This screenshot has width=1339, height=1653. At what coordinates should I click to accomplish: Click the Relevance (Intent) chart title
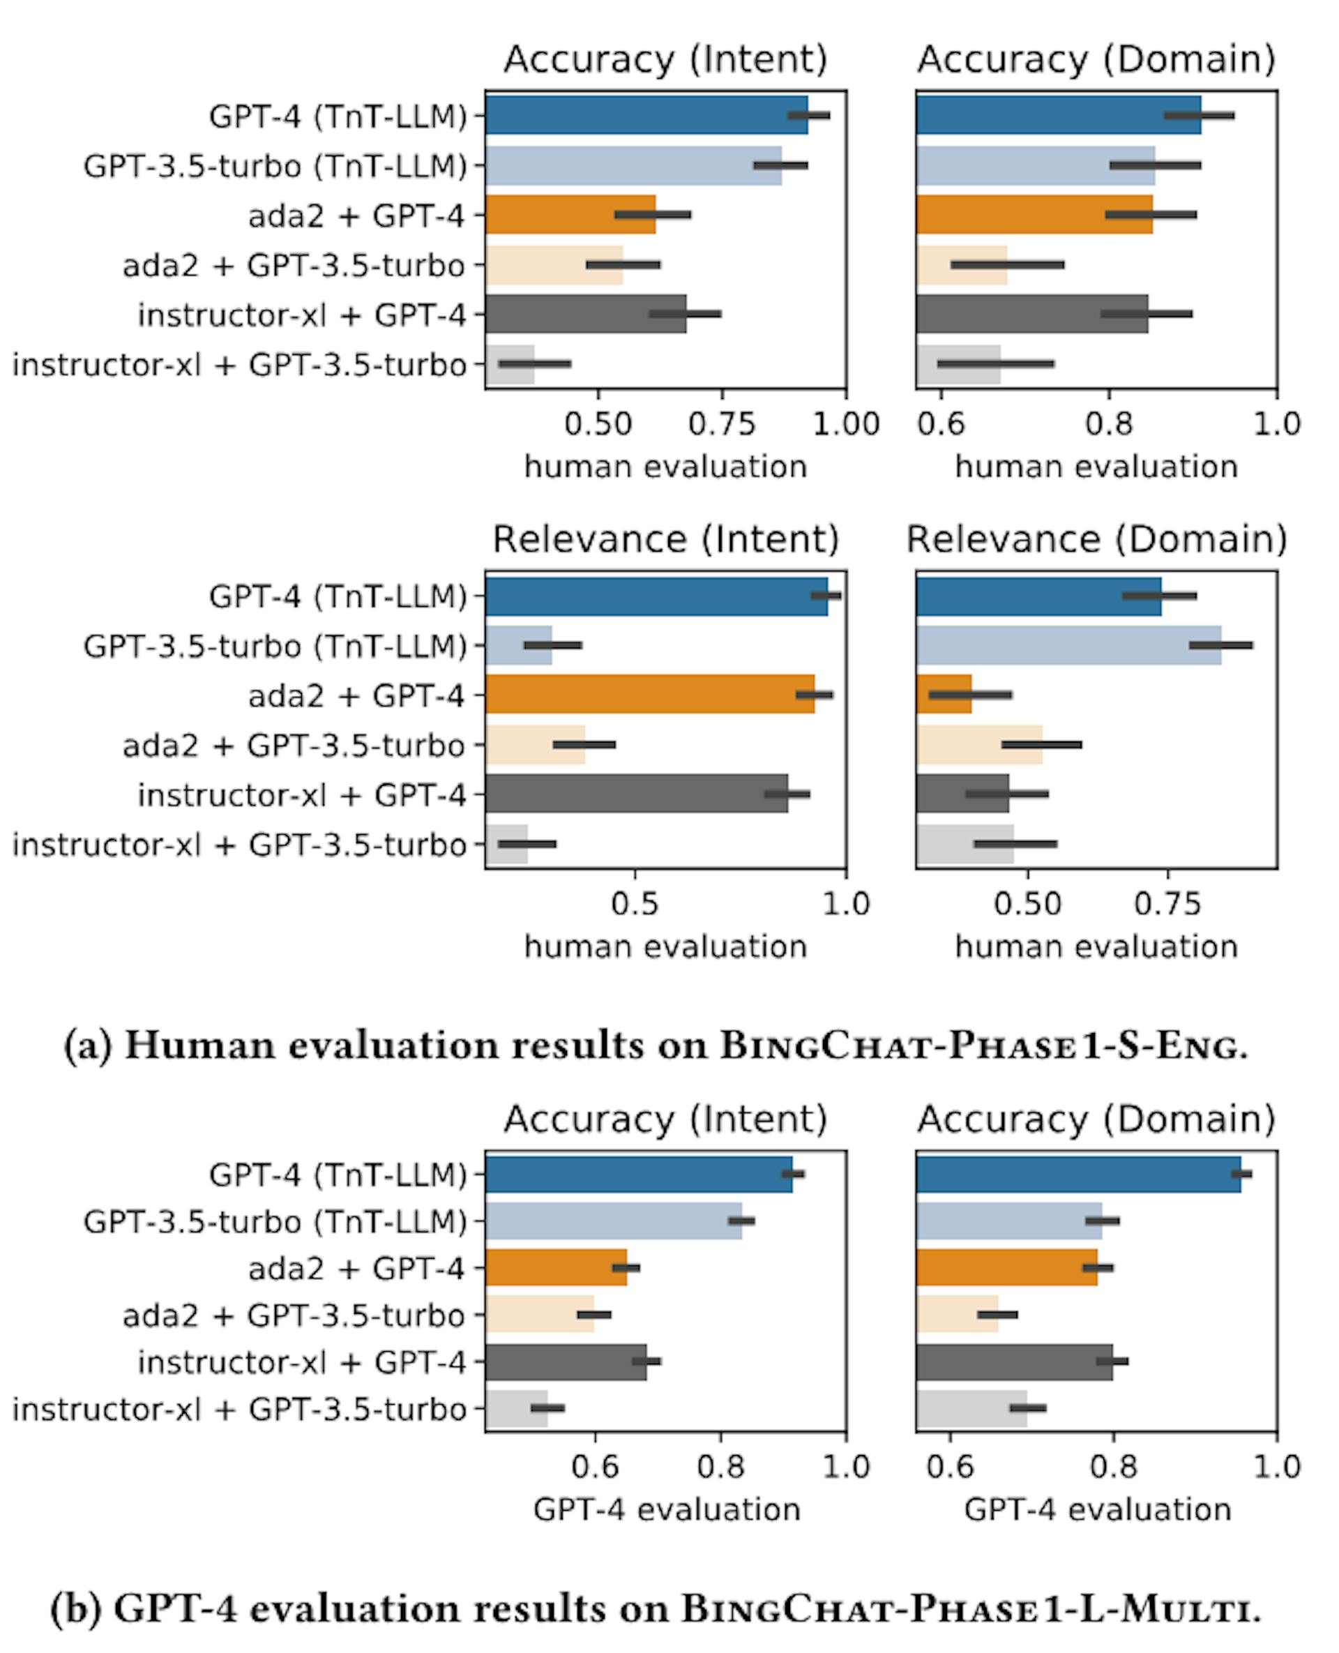[x=665, y=539]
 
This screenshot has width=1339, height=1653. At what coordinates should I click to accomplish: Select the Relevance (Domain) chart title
[x=1096, y=539]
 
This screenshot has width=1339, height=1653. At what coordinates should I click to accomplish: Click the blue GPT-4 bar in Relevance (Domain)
[x=1038, y=596]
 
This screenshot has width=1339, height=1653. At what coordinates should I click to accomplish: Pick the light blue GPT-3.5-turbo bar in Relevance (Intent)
[x=518, y=646]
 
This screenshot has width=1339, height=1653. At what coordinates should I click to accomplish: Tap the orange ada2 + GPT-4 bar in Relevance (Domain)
[x=944, y=695]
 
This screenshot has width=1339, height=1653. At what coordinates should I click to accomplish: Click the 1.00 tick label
[x=846, y=424]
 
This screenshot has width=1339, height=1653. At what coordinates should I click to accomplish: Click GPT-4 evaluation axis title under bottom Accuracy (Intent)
[x=667, y=1509]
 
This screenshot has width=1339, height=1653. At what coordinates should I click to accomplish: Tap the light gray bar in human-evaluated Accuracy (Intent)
[x=510, y=364]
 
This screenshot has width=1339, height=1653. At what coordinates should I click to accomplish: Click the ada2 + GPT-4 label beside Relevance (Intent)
[x=356, y=696]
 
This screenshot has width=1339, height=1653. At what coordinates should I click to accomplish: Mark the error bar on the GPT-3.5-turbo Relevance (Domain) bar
[x=1220, y=645]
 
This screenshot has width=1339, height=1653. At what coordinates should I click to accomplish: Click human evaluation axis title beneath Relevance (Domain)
[x=1096, y=946]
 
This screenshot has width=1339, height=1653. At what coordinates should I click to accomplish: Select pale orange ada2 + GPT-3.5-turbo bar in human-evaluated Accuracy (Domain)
[x=962, y=265]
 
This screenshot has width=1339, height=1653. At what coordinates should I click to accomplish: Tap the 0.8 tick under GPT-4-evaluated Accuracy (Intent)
[x=720, y=1467]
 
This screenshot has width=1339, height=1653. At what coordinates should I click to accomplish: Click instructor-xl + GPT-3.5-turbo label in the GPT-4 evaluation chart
[x=239, y=1410]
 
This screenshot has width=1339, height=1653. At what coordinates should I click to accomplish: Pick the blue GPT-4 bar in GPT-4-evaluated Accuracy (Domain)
[x=1078, y=1174]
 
